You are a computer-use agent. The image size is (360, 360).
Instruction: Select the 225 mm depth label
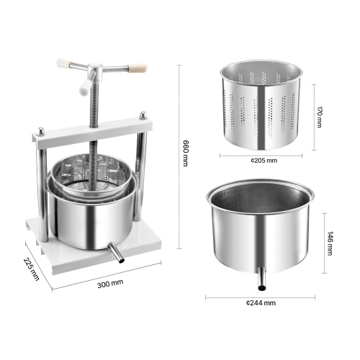(31, 269)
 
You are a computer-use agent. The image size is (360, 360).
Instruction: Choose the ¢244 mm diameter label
(261, 303)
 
